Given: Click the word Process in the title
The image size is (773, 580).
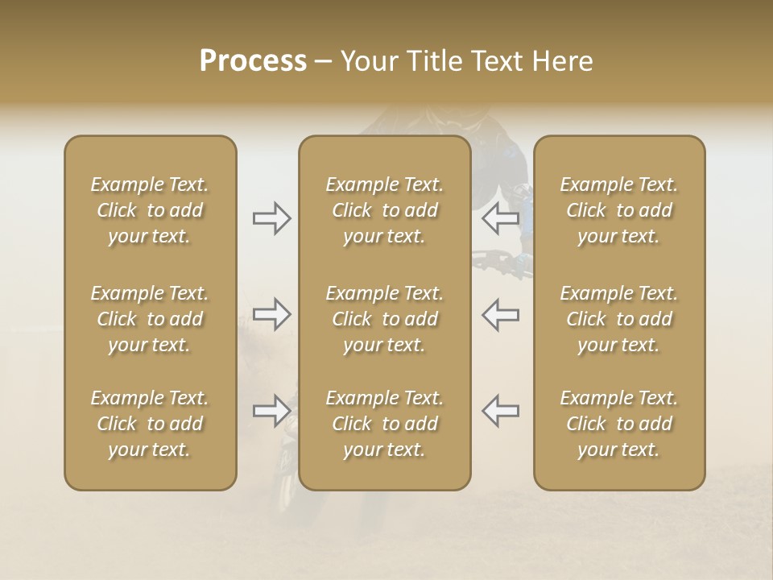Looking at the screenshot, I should (253, 61).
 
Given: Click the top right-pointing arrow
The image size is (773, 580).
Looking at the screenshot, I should (272, 218).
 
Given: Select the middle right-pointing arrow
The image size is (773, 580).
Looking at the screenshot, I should (272, 315).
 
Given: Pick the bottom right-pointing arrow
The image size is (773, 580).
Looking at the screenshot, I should (272, 411).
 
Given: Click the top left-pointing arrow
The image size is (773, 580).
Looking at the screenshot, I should (501, 218).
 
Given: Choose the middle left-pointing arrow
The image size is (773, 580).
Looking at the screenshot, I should (501, 315).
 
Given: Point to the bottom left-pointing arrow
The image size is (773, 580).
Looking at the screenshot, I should (501, 411).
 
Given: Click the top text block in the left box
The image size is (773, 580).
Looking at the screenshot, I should (150, 210).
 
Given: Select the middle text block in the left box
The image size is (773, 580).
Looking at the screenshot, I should (150, 319).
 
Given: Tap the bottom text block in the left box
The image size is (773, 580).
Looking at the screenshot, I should (150, 424).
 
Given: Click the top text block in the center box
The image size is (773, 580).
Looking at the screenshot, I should (385, 210).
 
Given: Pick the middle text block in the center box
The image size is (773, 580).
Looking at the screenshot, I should (385, 319).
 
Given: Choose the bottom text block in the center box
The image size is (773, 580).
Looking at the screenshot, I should (385, 424).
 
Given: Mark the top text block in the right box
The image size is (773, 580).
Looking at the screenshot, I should (619, 210).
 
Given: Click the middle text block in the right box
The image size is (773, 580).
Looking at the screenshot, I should (619, 319).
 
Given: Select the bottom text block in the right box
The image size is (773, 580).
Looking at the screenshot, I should (619, 424).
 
